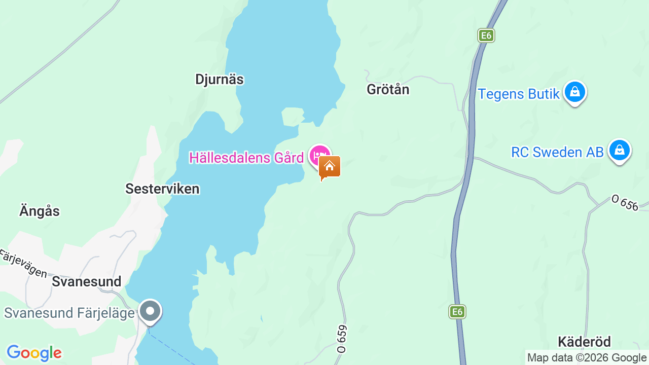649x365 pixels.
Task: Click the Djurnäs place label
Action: point(219,80)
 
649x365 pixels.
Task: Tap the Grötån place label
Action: point(388,90)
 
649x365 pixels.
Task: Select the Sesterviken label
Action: point(162,189)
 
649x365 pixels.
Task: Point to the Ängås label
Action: point(40,211)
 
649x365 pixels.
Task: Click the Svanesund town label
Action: point(87,282)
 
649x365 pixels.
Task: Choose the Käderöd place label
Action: point(584,341)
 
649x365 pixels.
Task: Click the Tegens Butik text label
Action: point(519,94)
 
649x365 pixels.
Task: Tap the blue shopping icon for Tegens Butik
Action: point(575,92)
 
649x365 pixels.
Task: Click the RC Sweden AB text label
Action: point(557,152)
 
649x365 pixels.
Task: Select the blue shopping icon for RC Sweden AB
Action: point(619,151)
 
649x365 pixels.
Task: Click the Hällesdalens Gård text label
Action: point(246,158)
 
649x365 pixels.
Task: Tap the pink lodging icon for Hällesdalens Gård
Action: point(319,154)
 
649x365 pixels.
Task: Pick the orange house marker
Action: point(330,167)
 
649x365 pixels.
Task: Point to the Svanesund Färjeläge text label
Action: point(69,313)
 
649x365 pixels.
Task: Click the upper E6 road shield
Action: point(486,35)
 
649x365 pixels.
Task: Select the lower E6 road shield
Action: point(457,312)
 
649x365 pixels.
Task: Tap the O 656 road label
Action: point(625,203)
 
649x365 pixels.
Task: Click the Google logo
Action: point(34,353)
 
